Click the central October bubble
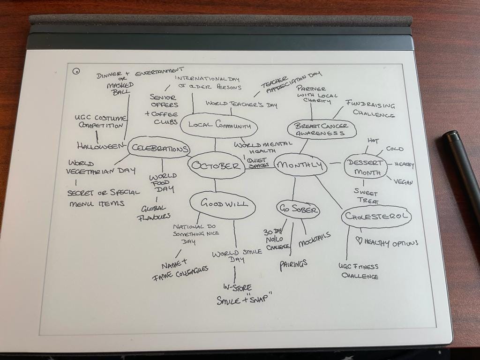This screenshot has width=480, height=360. point(217,166)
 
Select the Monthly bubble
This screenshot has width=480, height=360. point(300,165)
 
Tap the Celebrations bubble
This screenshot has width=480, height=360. point(158,148)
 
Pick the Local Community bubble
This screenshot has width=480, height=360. point(219,125)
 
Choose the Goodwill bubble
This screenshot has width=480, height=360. point(222,204)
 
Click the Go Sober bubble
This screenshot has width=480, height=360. point(298,210)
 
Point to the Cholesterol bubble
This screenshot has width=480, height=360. point(376,217)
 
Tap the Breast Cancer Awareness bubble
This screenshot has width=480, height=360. point(322,130)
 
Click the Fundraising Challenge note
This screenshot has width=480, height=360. point(370,109)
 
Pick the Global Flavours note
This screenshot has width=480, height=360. point(153,213)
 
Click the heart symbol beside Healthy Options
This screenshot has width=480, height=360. point(360,241)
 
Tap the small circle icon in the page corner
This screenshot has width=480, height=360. point(76,71)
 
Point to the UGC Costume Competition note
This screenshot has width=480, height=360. point(100,121)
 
